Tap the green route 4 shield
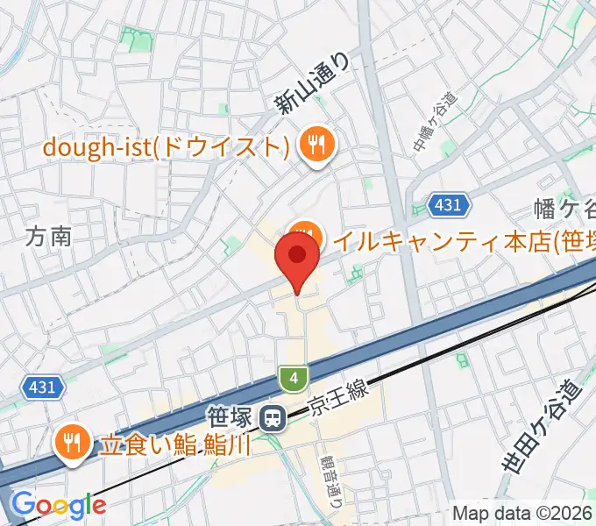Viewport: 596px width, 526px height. [294, 379]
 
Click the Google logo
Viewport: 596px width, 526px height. [59, 505]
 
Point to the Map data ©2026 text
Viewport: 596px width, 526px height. [522, 513]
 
